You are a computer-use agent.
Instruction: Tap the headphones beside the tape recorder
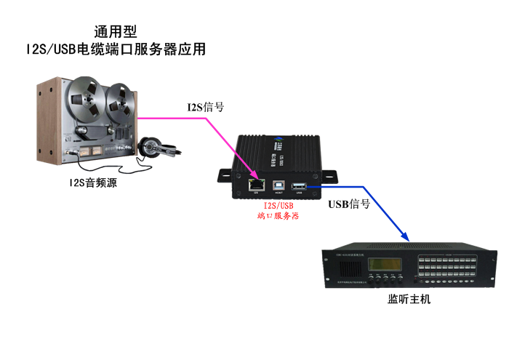click(153, 147)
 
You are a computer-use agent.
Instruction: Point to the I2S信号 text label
click(205, 108)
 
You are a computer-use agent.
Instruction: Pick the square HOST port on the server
click(278, 185)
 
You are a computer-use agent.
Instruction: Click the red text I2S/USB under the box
click(278, 206)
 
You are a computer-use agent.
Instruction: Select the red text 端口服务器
click(278, 216)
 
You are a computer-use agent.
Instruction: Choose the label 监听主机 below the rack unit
click(409, 298)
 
